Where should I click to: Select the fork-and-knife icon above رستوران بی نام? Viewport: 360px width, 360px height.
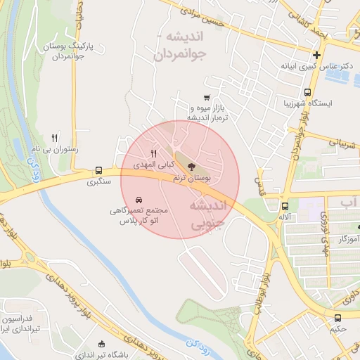(55, 138)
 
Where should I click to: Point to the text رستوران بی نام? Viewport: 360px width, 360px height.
(54, 150)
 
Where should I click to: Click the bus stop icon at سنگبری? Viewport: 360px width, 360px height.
(98, 170)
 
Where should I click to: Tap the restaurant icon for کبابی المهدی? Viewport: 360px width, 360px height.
(153, 153)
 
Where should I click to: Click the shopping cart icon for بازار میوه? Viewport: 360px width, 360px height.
(206, 98)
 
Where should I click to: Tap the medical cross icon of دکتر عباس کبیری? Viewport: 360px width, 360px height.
(317, 55)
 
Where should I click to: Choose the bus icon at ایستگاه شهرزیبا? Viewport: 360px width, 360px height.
(307, 92)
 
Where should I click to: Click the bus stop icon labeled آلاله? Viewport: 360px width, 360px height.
(285, 207)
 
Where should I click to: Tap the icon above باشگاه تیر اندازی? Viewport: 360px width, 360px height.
(103, 344)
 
